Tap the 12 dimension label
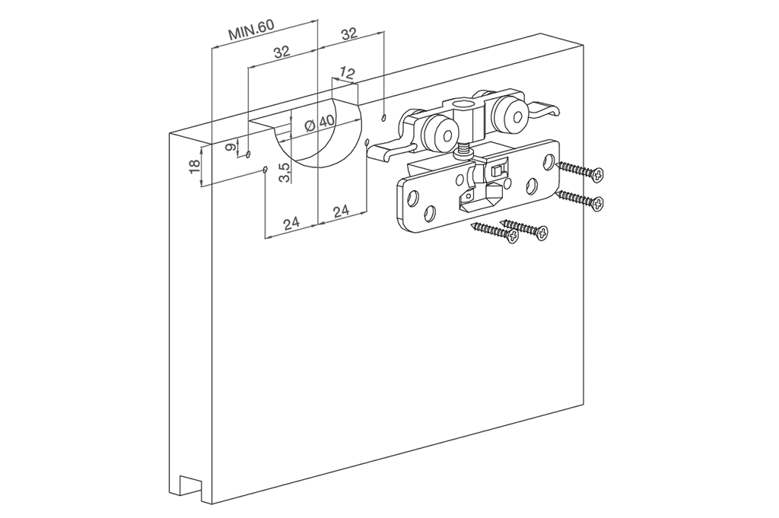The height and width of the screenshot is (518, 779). (347, 74)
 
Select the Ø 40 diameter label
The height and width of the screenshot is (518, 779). (320, 122)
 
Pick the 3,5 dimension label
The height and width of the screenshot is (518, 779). (284, 173)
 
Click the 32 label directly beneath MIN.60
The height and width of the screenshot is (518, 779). (281, 51)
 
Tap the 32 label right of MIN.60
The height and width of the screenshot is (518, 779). (349, 33)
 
